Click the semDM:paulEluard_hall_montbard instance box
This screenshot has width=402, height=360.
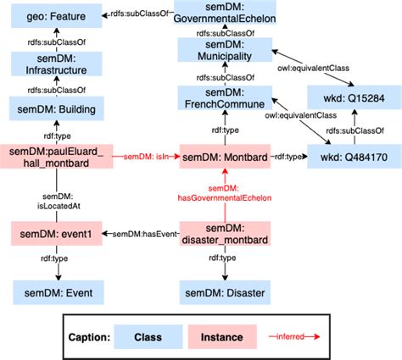tap(57, 156)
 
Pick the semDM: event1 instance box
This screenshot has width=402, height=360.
tap(57, 234)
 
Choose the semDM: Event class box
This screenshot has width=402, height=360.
tap(57, 294)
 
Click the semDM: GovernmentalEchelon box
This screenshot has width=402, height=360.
tap(224, 14)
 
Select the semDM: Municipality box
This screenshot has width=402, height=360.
tap(224, 50)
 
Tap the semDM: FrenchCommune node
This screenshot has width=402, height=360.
tap(224, 100)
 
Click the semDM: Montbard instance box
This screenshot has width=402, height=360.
tap(224, 156)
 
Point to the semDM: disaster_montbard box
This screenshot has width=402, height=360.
tap(224, 234)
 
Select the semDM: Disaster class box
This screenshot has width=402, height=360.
tap(224, 294)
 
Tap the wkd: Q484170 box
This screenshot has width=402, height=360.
tap(351, 156)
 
